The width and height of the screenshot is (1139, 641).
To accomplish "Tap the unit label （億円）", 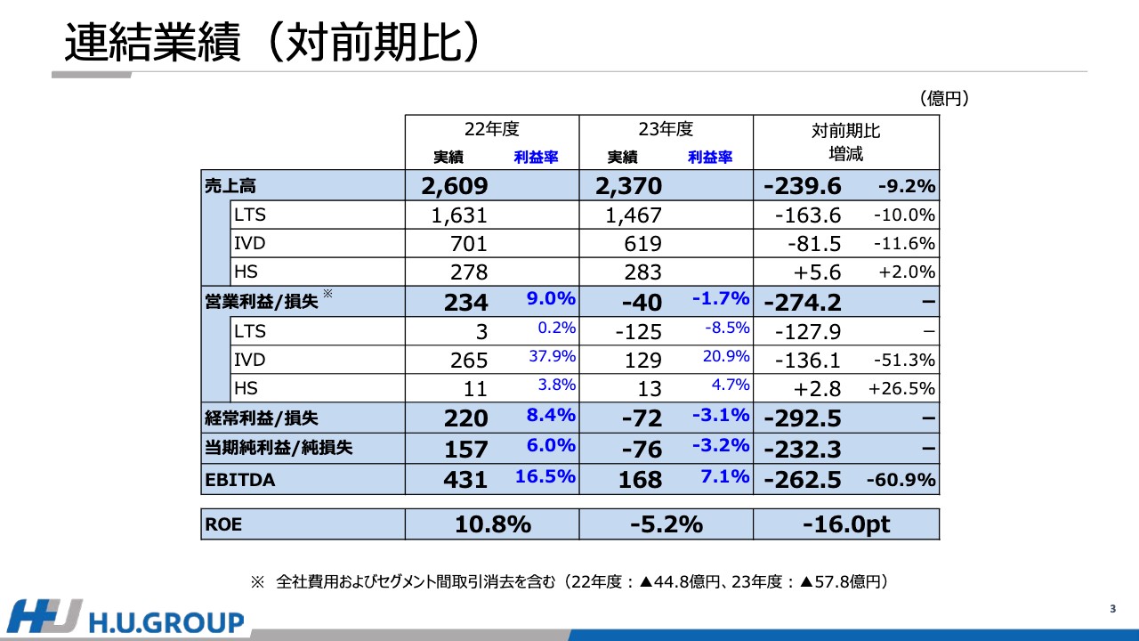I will [x=944, y=98].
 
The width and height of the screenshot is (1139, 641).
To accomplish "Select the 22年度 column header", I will [x=491, y=130].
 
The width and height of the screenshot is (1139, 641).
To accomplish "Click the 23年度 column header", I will [x=666, y=130].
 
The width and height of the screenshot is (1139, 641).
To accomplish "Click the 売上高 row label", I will [x=230, y=186].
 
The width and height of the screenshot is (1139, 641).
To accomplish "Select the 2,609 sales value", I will [x=455, y=186].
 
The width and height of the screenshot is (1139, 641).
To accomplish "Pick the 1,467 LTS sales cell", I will [x=634, y=215].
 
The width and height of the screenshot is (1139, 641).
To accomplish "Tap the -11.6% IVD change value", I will [x=904, y=244].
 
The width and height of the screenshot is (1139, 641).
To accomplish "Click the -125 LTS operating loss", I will [x=639, y=331].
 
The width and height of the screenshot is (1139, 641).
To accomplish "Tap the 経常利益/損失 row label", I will [x=262, y=418].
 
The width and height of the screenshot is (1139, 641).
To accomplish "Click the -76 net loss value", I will [x=642, y=449].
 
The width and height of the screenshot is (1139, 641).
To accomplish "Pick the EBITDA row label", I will [x=240, y=480].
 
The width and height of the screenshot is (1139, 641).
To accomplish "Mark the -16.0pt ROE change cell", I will [x=845, y=524].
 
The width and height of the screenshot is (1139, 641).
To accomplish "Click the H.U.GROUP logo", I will [x=125, y=620].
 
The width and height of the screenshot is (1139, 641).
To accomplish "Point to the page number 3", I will [x=1112, y=609].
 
